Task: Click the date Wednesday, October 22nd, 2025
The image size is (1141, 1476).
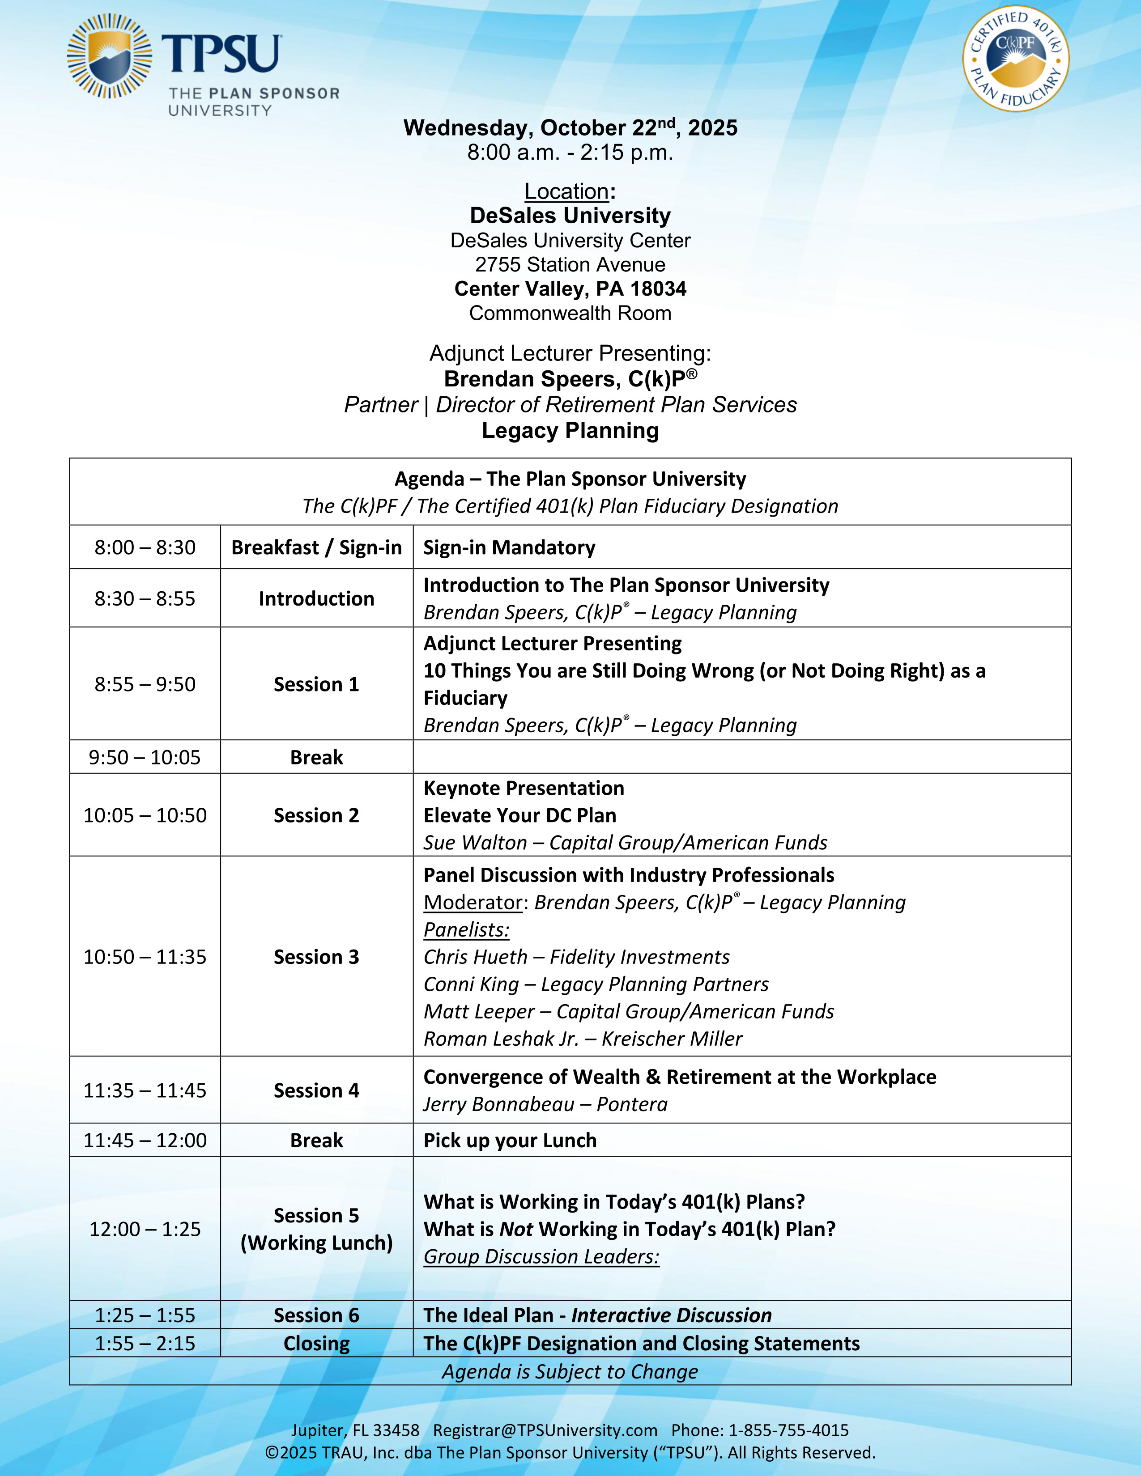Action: (570, 128)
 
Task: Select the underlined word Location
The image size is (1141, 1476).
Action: (566, 192)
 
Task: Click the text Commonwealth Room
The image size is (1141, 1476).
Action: (570, 314)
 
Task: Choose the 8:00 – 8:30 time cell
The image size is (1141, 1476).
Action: (145, 547)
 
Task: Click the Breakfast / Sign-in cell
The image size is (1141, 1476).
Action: (316, 547)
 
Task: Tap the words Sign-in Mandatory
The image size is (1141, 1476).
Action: (509, 547)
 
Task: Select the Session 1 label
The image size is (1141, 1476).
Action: (316, 685)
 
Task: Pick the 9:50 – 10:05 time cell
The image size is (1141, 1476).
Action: (145, 758)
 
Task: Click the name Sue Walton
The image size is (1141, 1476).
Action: (474, 843)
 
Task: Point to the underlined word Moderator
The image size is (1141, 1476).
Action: (473, 903)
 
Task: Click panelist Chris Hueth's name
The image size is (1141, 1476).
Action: (475, 957)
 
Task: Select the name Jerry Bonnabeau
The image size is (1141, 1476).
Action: (498, 1104)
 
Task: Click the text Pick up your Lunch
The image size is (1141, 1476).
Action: (510, 1141)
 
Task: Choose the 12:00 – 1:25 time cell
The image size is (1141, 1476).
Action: (145, 1229)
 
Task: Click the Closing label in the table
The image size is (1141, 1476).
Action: (316, 1344)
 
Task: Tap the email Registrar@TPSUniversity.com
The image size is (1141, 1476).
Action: (545, 1431)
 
